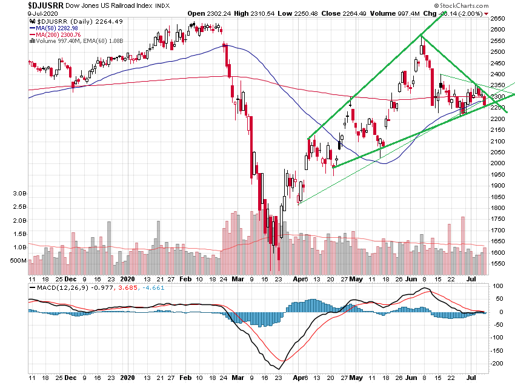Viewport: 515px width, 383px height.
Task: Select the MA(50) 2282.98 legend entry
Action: (x=58, y=28)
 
